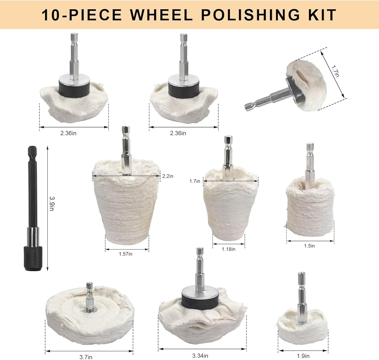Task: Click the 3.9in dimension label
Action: [52, 203]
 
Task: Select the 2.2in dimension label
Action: [168, 176]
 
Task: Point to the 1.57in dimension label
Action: [125, 254]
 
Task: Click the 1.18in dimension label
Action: [229, 249]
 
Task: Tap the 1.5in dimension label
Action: [309, 246]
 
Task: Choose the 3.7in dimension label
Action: [86, 357]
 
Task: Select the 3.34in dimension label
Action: [200, 356]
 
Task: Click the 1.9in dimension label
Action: [303, 356]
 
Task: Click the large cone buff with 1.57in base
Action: [127, 204]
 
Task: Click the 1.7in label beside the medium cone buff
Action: [194, 181]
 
